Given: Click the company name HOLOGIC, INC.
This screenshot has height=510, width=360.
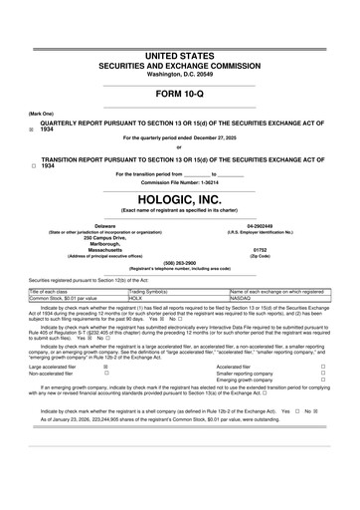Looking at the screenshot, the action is [x=180, y=197].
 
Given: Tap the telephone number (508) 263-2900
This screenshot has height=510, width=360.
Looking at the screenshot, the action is [x=180, y=264].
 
